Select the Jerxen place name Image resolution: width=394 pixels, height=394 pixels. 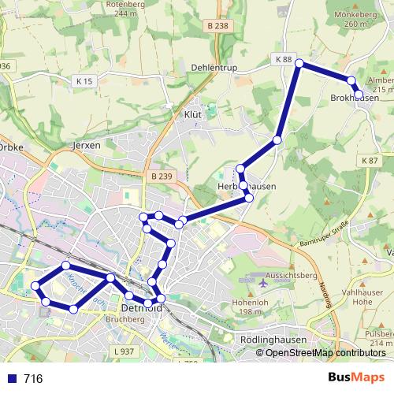87,146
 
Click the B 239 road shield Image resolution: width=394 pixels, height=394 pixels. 162,176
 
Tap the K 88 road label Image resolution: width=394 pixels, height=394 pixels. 284,60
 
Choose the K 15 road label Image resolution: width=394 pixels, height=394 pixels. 84,81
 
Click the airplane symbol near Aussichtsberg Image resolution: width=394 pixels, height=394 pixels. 263,281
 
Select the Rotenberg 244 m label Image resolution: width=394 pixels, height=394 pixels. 131,9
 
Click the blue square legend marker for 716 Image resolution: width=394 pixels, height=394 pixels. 9,379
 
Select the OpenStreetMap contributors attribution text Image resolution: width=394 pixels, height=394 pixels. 325,353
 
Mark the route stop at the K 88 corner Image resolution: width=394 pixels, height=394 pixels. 299,62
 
